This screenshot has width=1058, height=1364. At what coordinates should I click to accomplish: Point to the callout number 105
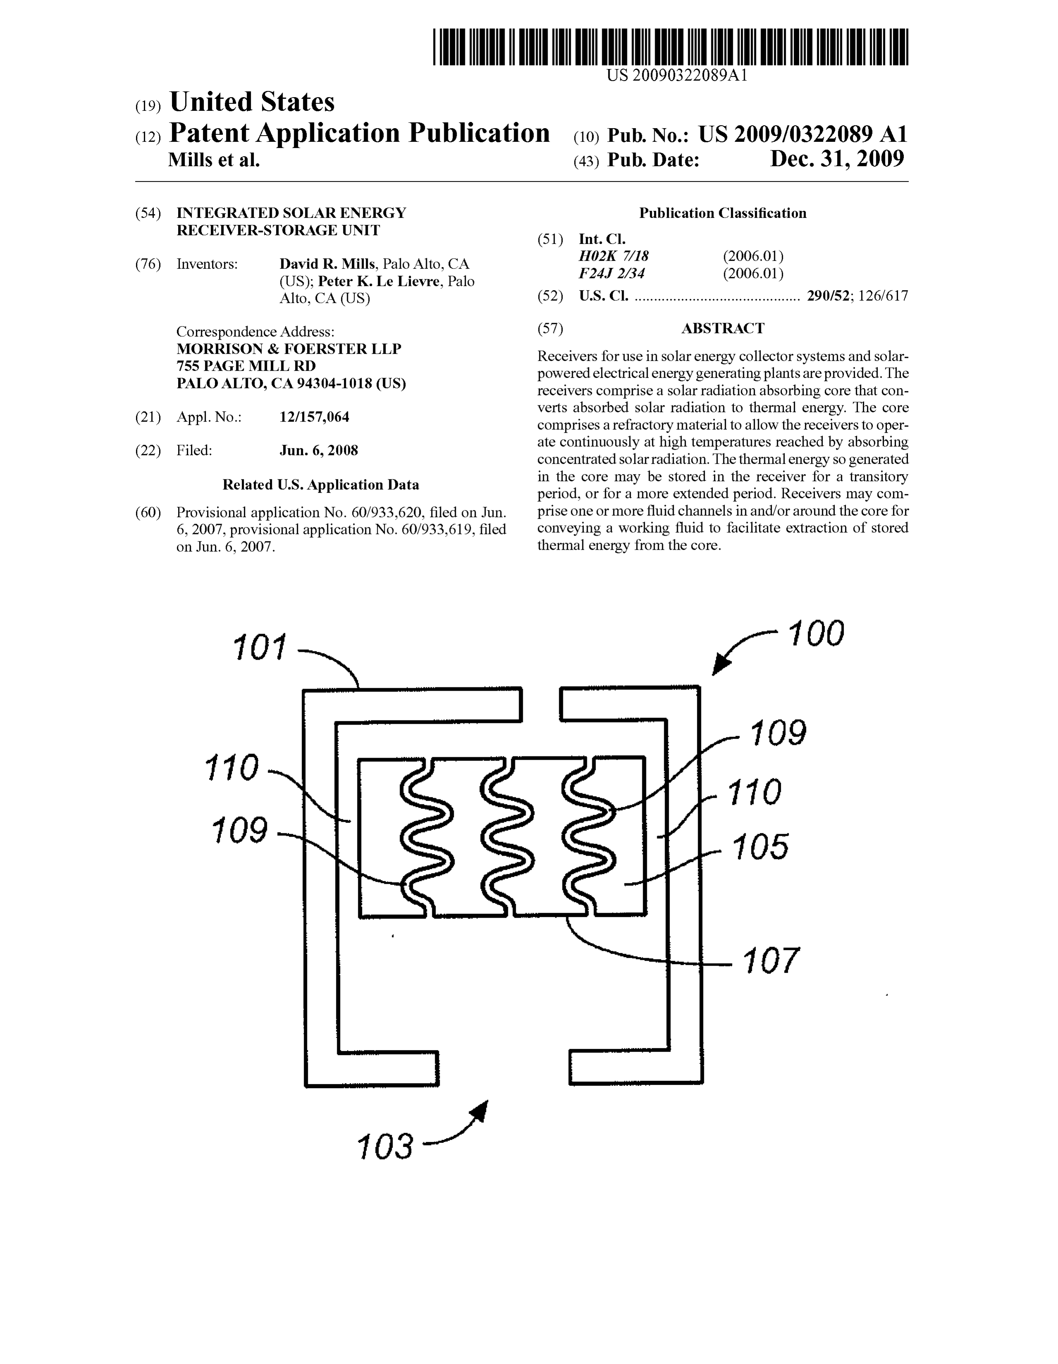tap(760, 847)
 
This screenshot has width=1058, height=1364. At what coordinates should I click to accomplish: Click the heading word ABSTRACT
tap(722, 329)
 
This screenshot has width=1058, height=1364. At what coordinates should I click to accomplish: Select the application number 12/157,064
tap(314, 417)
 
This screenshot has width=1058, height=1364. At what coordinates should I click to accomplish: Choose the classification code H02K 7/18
tap(614, 256)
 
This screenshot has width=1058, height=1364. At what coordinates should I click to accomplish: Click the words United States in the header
tap(252, 102)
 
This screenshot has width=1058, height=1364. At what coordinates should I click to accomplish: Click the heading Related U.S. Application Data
tap(321, 485)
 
